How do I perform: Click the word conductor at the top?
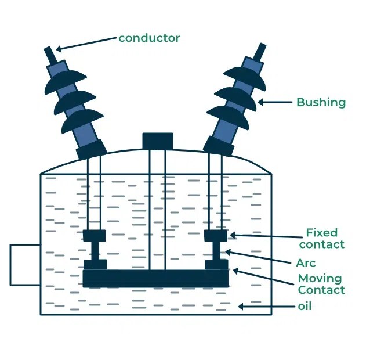point(149,38)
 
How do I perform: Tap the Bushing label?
point(321,102)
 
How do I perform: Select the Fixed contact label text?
point(325,239)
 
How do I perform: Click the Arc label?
point(306,263)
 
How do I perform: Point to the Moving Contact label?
point(321,284)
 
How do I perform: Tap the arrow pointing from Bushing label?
point(275,102)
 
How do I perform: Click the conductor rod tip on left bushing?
point(50,54)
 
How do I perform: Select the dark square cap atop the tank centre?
point(158,141)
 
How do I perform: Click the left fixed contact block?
point(95,236)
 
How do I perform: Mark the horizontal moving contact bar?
point(155,278)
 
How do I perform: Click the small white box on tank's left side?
point(25,265)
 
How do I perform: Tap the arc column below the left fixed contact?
point(95,251)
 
